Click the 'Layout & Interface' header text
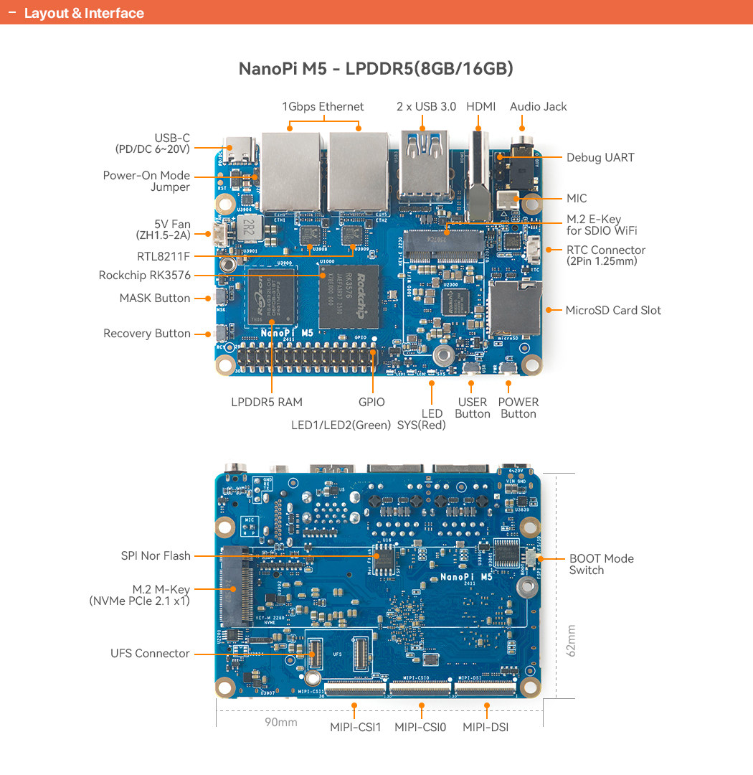[x=84, y=14]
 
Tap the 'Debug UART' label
[x=600, y=158]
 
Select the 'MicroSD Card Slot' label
[x=613, y=310]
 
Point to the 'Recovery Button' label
[x=147, y=334]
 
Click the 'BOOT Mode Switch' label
[x=601, y=564]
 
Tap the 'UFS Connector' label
[x=150, y=654]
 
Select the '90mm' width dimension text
[x=281, y=722]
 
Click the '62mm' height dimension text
[x=571, y=640]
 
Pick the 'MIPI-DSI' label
[x=486, y=728]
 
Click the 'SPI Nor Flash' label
[x=156, y=556]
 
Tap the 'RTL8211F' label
[x=164, y=256]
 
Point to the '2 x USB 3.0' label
[x=426, y=107]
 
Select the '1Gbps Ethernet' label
[x=323, y=107]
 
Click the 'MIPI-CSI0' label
[x=420, y=728]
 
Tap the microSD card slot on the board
[x=513, y=309]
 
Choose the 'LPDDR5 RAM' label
[x=267, y=403]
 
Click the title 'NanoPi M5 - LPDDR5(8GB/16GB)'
[x=376, y=70]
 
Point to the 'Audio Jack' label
[x=538, y=107]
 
